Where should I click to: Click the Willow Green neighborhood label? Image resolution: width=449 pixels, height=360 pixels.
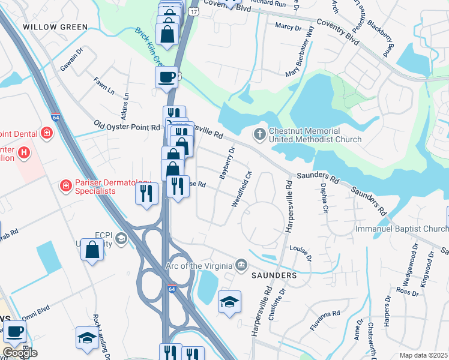pos(55,27)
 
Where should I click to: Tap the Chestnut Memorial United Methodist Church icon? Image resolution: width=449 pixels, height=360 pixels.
pos(260,133)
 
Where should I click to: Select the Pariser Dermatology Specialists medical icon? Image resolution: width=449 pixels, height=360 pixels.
pos(65,187)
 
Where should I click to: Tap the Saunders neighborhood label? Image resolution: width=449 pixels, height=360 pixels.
pos(274,275)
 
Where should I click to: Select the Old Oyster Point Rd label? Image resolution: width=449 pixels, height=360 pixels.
pos(127,127)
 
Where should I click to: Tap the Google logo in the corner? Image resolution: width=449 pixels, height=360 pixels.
pos(20,353)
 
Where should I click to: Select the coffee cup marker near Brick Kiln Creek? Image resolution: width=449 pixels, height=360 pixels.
pos(166,77)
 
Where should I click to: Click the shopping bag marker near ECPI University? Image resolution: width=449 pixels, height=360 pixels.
pos(92,249)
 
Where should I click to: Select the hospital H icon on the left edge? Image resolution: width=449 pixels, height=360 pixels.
pos(24,154)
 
